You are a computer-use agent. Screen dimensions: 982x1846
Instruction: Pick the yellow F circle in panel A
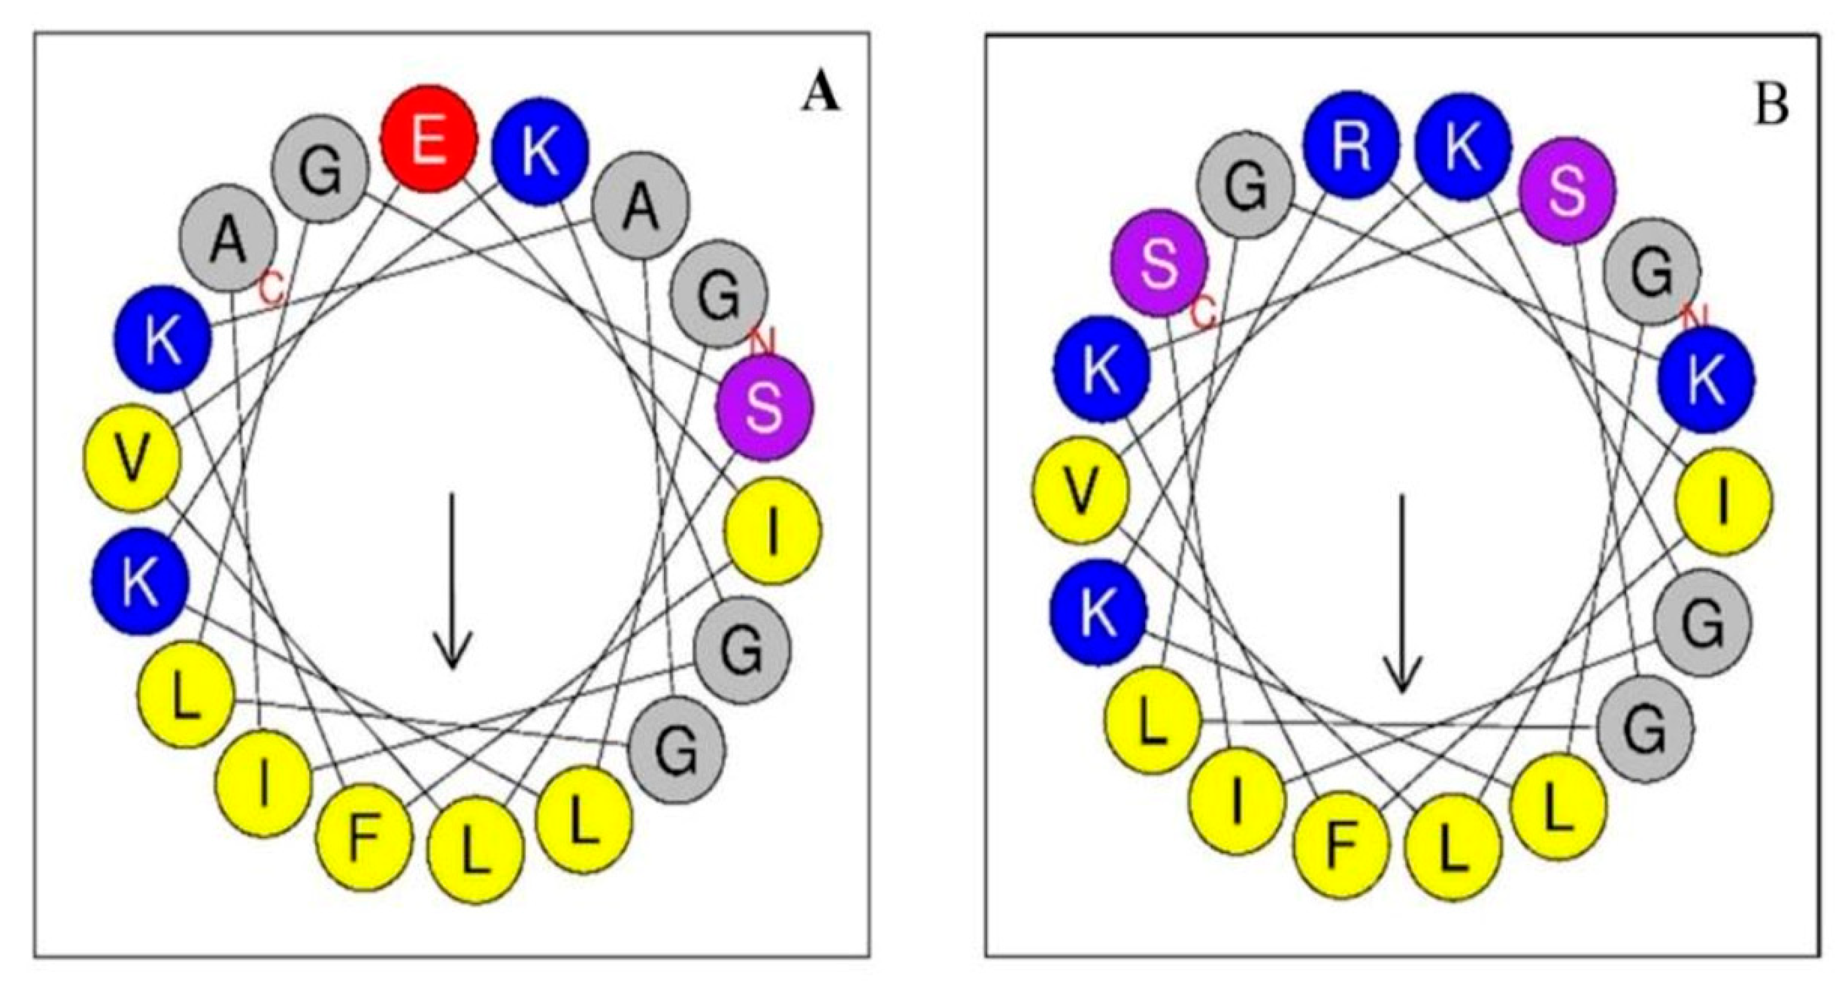tap(365, 837)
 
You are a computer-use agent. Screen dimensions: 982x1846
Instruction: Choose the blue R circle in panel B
tap(1351, 145)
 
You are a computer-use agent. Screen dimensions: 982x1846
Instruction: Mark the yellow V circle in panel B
tap(1081, 489)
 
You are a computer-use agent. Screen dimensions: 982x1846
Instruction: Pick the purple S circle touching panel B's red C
tap(1159, 262)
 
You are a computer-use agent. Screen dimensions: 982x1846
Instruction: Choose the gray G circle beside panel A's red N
tap(719, 295)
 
